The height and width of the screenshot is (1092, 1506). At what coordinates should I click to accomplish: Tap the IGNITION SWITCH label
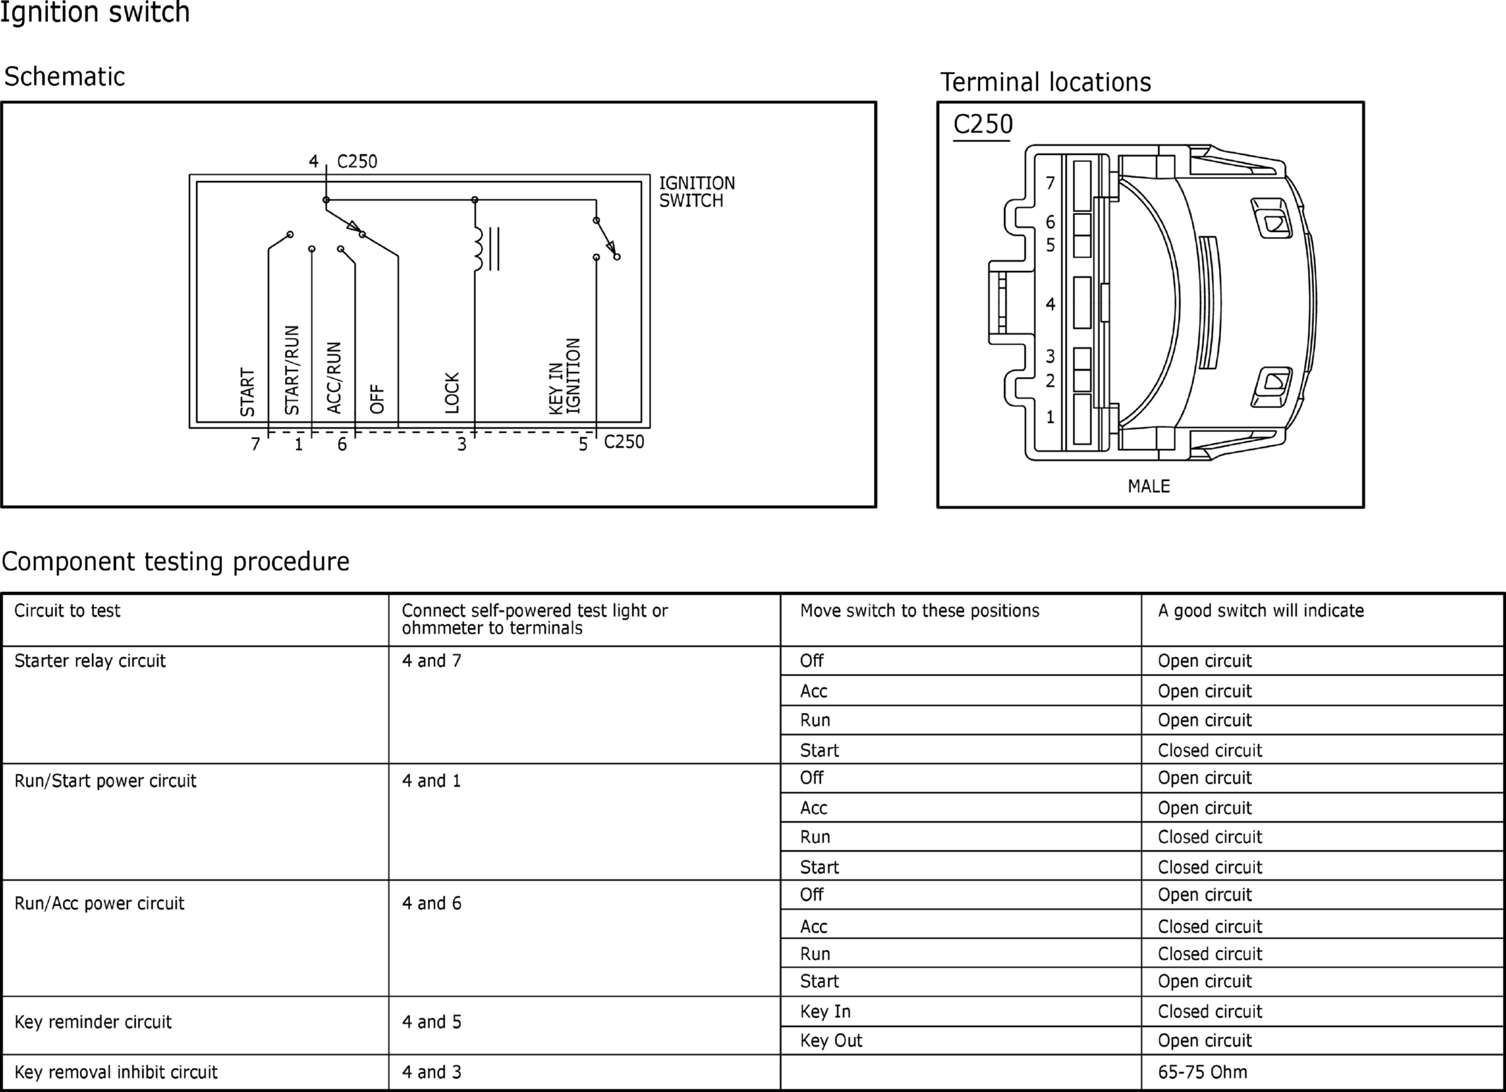(696, 192)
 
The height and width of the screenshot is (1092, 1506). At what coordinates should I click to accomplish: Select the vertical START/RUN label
(292, 370)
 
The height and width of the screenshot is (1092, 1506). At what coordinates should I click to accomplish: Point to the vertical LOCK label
(452, 393)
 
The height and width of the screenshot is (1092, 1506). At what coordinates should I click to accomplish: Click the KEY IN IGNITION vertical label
(564, 376)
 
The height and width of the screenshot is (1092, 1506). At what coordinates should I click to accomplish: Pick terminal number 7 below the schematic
(256, 444)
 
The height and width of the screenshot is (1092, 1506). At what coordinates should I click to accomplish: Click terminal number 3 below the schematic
(462, 444)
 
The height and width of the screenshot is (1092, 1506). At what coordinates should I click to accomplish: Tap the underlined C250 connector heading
(983, 124)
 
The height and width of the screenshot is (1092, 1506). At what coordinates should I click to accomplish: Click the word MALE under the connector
(1149, 487)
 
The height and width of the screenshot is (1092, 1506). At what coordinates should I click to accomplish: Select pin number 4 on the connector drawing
(1051, 304)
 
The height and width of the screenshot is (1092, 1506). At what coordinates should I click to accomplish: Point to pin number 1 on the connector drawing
(1051, 417)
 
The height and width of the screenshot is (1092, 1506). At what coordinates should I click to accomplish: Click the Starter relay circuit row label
(90, 661)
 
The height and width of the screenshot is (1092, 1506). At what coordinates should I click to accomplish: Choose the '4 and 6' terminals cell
(431, 903)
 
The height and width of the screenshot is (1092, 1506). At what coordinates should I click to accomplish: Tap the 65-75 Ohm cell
(1202, 1072)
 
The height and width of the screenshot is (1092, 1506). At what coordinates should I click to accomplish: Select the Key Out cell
(831, 1040)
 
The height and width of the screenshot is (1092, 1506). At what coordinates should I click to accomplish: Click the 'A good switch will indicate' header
(1261, 611)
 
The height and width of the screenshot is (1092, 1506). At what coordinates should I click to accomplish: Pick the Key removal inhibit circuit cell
(116, 1072)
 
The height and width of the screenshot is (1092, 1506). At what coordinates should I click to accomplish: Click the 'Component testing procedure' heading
(175, 562)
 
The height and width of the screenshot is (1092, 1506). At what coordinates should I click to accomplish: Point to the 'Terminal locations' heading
(1045, 82)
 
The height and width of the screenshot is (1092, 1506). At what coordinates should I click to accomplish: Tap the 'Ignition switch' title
(95, 13)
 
